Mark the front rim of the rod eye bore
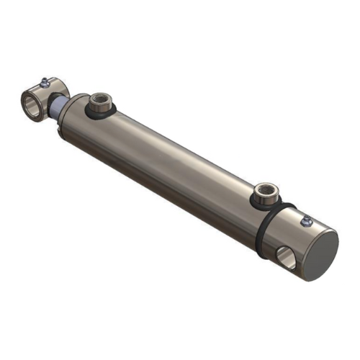tap(24, 105)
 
